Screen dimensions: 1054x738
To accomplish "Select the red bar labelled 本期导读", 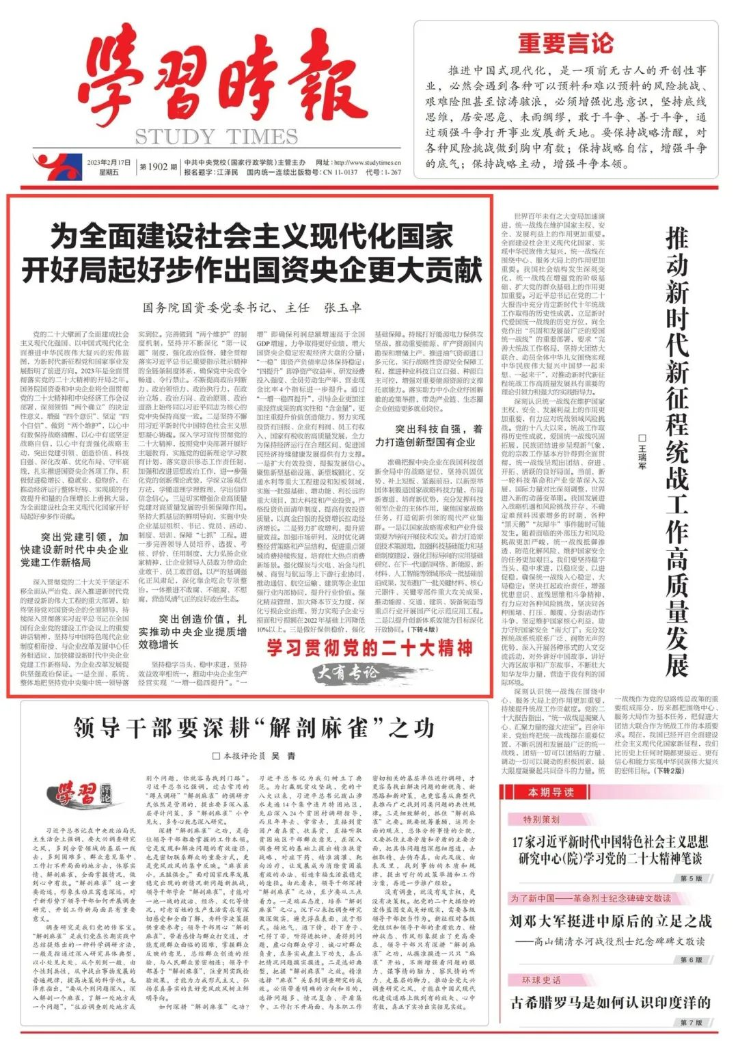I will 551,792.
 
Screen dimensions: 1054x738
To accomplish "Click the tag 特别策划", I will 541,819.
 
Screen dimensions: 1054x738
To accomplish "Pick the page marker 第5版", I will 691,878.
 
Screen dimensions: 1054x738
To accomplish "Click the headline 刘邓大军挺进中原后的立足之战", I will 610,921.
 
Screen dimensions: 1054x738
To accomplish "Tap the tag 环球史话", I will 542,980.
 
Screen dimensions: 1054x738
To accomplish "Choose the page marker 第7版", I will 691,1023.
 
